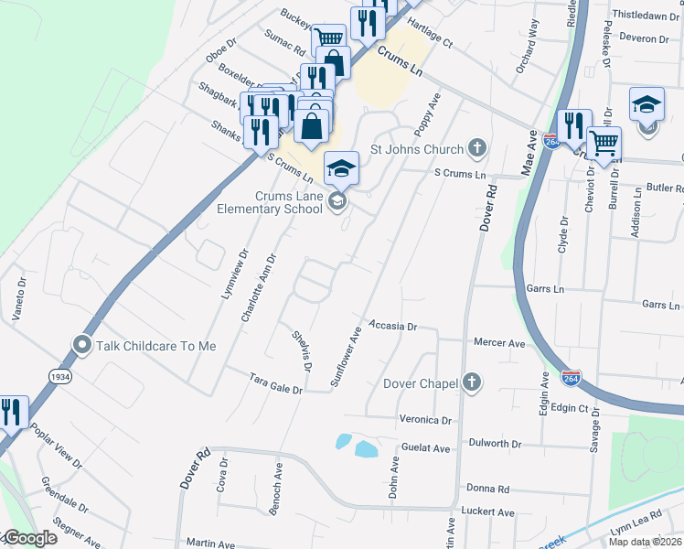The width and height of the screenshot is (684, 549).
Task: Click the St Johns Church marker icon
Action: [476, 147]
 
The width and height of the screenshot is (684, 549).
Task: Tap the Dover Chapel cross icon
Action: [471, 382]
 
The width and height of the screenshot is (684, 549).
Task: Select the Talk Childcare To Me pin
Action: [82, 345]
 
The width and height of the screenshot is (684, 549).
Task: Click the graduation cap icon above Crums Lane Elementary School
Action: [341, 168]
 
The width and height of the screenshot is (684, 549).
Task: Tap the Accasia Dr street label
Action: [392, 325]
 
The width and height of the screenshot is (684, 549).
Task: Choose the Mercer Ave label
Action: [499, 343]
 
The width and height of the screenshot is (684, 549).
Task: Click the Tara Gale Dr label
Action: [276, 382]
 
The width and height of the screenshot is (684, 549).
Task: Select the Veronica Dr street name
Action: [426, 420]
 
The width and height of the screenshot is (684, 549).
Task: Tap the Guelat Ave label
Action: [426, 448]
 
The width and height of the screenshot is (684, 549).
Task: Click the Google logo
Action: [29, 538]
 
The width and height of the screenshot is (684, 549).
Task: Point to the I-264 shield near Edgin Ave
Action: [571, 378]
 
